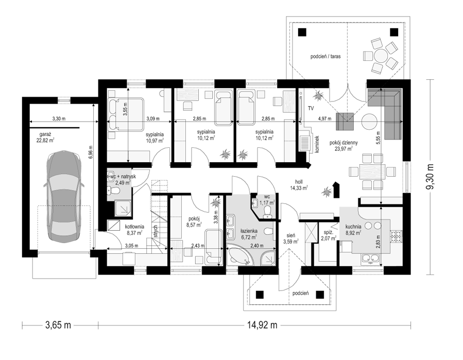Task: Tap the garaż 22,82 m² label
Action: (45, 138)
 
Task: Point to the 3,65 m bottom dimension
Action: (58, 325)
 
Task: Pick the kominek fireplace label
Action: (317, 144)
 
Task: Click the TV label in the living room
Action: (311, 109)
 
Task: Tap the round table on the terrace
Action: (380, 56)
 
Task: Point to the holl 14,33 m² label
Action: (299, 185)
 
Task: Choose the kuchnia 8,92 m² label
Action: (353, 230)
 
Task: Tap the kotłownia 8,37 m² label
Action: (134, 230)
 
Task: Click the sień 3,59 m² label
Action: (291, 238)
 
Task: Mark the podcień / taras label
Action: (325, 56)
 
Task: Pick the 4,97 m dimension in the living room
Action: (324, 119)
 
